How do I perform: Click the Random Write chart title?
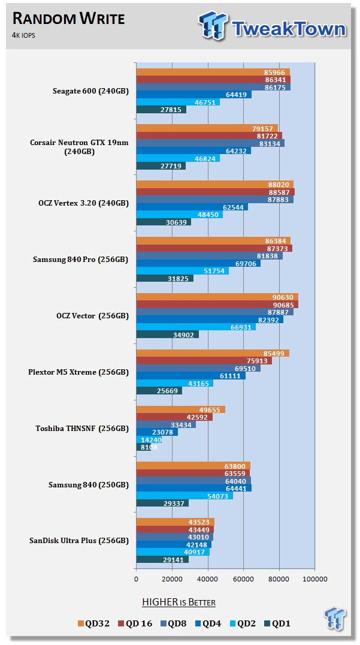68,19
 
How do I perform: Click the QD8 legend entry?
171,623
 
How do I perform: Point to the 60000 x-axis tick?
243,579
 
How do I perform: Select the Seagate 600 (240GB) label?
90,91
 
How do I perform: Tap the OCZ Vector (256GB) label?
90,315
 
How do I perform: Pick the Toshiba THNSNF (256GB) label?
90,429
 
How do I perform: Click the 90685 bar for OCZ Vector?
217,305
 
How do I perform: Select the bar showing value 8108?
143,447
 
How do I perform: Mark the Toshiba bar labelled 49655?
180,409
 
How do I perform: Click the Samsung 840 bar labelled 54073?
184,495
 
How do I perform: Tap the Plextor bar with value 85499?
213,353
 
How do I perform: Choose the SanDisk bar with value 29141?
162,559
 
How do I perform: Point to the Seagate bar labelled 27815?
161,110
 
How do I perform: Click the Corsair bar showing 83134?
210,143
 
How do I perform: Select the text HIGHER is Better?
179,602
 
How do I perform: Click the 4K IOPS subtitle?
25,35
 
